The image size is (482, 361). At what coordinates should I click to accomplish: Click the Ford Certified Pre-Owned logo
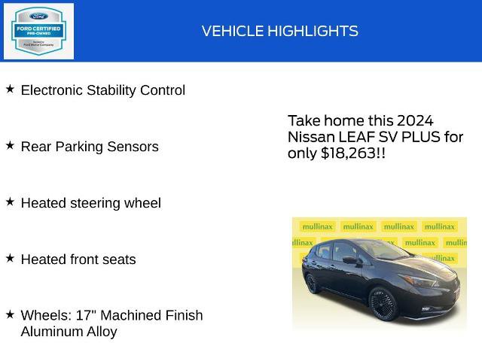tap(38, 31)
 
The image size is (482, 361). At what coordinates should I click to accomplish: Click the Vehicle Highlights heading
tap(279, 31)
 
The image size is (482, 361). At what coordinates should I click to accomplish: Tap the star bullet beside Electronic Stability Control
tap(10, 89)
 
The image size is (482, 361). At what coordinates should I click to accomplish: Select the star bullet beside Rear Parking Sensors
tap(10, 145)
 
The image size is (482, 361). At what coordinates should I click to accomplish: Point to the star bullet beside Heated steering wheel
tap(10, 202)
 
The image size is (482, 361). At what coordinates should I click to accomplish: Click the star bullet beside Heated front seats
tap(10, 258)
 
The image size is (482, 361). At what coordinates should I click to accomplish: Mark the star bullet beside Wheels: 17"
tap(10, 314)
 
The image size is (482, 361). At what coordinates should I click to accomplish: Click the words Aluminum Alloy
tap(69, 332)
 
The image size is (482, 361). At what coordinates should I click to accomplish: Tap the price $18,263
tap(347, 153)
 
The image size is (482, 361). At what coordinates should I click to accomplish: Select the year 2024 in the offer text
tap(415, 120)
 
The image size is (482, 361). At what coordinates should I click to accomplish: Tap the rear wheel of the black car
tap(311, 284)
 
